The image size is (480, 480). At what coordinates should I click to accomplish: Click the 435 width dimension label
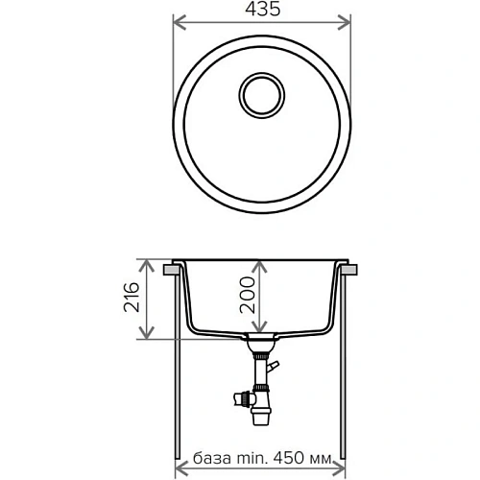260,12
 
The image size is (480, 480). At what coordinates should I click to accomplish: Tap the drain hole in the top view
260,95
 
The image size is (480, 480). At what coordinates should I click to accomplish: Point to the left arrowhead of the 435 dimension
178,26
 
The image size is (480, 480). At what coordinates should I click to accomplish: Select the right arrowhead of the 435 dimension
347,26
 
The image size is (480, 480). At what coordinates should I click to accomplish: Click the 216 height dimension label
132,299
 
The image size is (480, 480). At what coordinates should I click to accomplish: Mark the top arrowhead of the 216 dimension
146,263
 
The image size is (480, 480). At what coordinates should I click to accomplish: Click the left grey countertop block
172,271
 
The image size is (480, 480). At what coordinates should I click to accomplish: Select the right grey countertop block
350,271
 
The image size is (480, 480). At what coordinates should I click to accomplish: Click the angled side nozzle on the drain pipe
274,368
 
